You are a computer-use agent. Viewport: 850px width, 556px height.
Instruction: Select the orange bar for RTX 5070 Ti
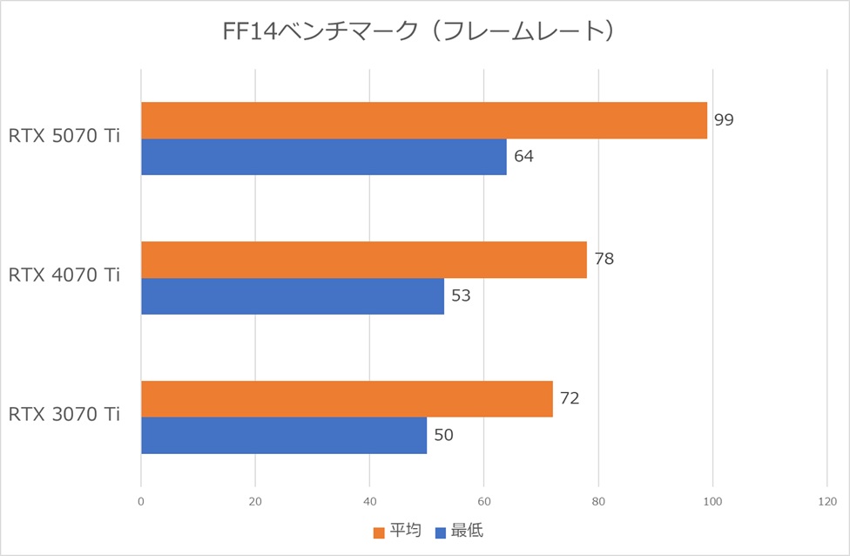(424, 120)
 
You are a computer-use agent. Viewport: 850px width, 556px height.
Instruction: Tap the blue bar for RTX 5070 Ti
(324, 157)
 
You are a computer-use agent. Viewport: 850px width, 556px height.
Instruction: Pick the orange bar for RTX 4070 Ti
(364, 260)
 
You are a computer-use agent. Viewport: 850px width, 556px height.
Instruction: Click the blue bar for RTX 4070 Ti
(293, 296)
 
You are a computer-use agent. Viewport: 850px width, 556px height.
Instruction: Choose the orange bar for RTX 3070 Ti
(347, 399)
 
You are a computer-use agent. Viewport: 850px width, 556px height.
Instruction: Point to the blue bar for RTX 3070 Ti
(284, 435)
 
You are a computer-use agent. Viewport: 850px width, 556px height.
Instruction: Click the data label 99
(724, 120)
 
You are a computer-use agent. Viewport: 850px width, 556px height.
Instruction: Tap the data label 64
(523, 157)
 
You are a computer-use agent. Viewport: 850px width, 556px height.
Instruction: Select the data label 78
(604, 260)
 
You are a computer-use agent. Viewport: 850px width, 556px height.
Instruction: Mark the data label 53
(461, 296)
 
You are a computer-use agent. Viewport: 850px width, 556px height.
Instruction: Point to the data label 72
(570, 399)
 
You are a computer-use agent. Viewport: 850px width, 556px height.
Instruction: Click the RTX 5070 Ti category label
(64, 137)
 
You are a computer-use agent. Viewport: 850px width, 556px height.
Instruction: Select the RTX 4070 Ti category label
(64, 276)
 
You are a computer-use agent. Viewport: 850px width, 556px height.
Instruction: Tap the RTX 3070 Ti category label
(64, 416)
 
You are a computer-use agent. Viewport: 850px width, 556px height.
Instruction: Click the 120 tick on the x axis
(827, 501)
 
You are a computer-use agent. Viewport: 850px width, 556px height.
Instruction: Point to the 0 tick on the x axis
(141, 501)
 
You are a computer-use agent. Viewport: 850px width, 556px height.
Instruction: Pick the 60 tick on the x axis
(484, 501)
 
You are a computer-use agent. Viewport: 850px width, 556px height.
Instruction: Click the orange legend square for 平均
(379, 532)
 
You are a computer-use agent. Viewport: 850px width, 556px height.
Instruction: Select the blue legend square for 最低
(441, 532)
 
